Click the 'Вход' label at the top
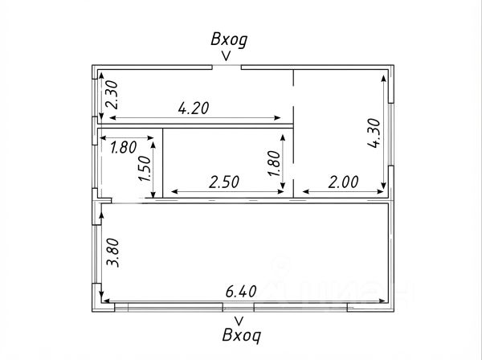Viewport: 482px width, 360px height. (229, 40)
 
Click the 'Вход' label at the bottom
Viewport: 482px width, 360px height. (242, 335)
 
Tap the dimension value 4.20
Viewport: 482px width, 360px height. (194, 108)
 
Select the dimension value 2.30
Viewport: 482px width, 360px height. (112, 95)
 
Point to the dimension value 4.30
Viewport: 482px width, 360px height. (374, 133)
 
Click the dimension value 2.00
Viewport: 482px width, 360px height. (343, 182)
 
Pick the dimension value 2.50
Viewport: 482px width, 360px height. (224, 182)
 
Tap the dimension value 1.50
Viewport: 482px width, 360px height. (145, 168)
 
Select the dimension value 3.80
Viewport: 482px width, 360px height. (112, 252)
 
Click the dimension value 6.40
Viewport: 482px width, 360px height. (241, 291)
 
